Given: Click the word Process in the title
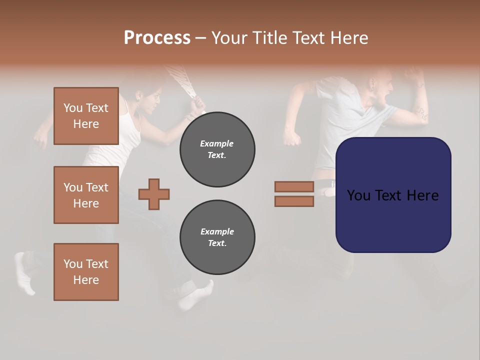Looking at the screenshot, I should (x=157, y=38).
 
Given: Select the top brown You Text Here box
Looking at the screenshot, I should (x=86, y=116).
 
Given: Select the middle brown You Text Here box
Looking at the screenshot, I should (x=86, y=195).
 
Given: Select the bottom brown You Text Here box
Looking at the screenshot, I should (x=86, y=272).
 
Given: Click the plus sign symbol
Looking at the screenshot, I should (x=154, y=194).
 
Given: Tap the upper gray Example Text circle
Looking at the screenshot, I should (x=217, y=149).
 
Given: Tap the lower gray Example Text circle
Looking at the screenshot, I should (x=217, y=237).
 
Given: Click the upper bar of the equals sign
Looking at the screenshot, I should (x=294, y=186).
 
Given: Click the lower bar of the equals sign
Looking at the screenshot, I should (x=294, y=201).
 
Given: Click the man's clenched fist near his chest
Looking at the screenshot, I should (x=291, y=136).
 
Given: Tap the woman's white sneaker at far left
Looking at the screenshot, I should (x=24, y=272).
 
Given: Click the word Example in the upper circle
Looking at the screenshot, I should (x=217, y=143).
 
